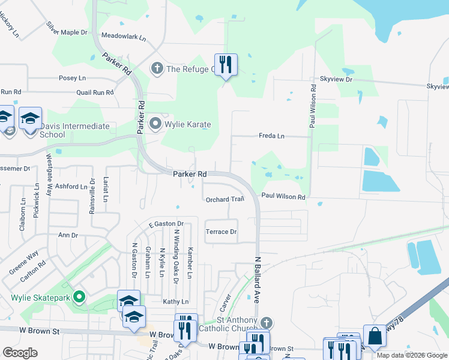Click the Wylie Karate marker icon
[x=155, y=124]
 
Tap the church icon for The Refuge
[x=157, y=68]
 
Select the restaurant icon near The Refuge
[x=226, y=64]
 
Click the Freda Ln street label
[x=271, y=136]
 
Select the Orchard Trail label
[x=224, y=199]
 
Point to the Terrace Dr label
[x=221, y=232]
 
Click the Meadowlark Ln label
[x=124, y=37]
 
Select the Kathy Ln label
[x=176, y=301]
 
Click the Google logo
[x=20, y=353]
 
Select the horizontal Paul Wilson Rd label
[x=283, y=197]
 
